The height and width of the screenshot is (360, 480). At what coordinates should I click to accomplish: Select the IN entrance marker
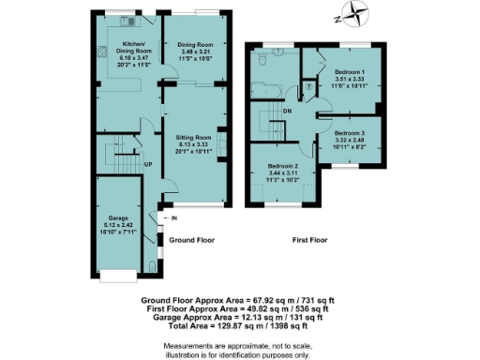173,219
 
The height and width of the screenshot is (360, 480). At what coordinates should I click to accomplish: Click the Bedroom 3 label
353,134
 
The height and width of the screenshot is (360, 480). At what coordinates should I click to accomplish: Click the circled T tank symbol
310,85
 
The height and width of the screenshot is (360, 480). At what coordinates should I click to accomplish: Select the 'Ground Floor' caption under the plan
191,240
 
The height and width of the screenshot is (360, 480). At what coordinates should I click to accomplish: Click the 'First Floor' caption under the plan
312,240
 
